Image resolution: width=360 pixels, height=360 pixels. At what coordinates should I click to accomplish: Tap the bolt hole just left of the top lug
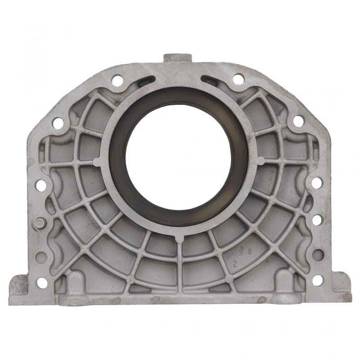tap(117, 81)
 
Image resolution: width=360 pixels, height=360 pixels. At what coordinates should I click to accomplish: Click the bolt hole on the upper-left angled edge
tap(58, 123)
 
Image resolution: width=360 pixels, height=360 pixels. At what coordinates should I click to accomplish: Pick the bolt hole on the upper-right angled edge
tap(298, 121)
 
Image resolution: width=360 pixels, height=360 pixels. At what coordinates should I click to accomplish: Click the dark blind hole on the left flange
tap(41, 257)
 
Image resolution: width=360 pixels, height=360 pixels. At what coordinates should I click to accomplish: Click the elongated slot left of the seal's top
tap(146, 81)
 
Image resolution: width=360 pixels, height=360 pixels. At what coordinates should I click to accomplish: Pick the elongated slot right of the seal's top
tap(211, 81)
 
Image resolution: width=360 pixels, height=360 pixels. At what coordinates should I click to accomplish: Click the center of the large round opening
tap(180, 156)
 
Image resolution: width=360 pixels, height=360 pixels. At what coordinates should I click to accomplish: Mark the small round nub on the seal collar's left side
tap(97, 161)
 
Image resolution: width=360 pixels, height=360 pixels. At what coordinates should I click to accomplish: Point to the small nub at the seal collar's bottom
tap(180, 238)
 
